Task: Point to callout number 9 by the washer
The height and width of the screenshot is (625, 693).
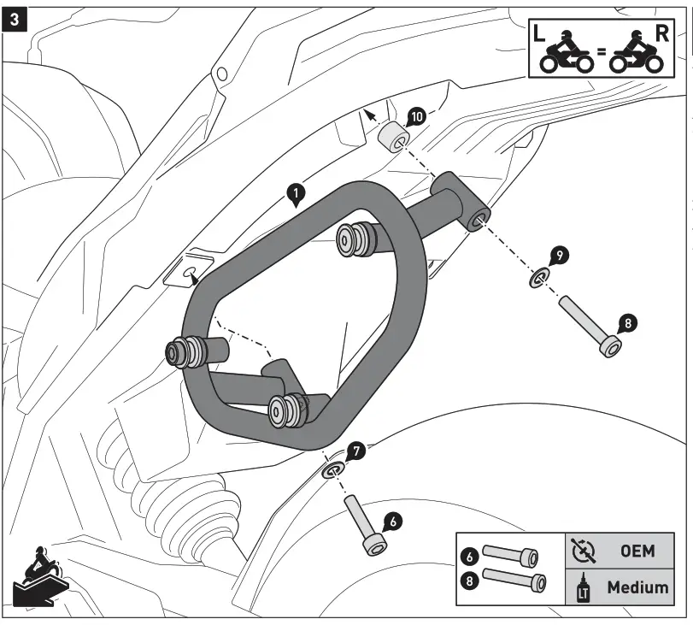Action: click(556, 255)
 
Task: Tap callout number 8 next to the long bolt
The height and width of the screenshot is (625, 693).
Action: click(626, 324)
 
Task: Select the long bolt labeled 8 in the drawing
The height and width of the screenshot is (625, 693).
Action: click(590, 326)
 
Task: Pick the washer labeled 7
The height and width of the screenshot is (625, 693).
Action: click(332, 470)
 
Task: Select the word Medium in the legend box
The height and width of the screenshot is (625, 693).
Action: click(637, 587)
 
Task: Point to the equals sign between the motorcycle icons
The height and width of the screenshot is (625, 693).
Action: click(602, 53)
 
